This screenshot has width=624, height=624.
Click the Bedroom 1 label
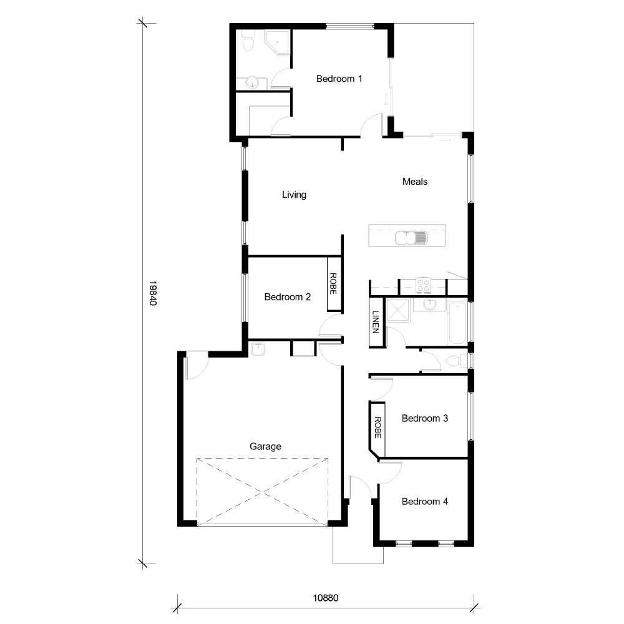click(x=339, y=79)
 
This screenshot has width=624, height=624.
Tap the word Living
click(x=294, y=195)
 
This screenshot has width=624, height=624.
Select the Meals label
click(x=415, y=182)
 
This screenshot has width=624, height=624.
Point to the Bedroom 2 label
click(x=287, y=297)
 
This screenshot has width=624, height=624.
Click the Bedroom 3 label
click(x=424, y=418)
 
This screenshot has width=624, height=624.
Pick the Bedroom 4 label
click(x=424, y=501)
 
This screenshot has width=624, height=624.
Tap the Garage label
click(x=265, y=446)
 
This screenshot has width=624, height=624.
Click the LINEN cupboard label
click(x=376, y=321)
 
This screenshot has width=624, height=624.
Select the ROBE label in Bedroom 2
click(x=333, y=284)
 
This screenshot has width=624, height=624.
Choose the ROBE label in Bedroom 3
click(x=378, y=427)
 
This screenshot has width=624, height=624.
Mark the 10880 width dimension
click(x=325, y=597)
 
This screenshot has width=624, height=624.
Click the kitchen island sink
click(x=411, y=237)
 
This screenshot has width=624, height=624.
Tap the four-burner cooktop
click(x=424, y=286)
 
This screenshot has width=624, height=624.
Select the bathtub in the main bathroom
click(x=456, y=323)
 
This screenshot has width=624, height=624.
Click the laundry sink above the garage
click(x=258, y=349)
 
